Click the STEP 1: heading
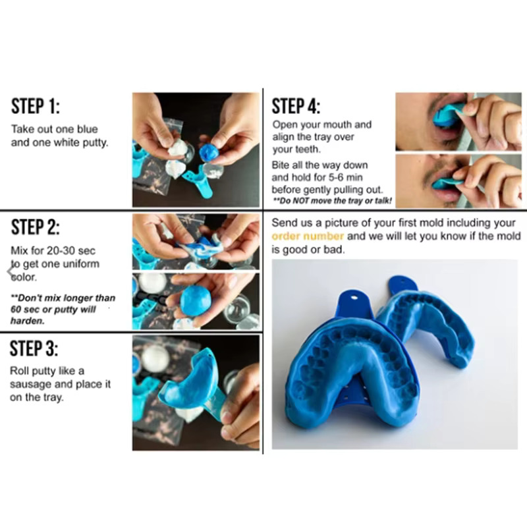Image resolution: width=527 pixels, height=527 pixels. pyautogui.click(x=36, y=106)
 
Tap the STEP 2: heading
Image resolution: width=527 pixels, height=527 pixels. pyautogui.click(x=36, y=227)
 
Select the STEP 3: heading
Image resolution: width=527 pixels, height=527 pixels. pyautogui.click(x=34, y=348)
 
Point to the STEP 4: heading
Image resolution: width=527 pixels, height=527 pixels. pyautogui.click(x=296, y=106)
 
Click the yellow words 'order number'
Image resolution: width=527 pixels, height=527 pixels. pyautogui.click(x=308, y=236)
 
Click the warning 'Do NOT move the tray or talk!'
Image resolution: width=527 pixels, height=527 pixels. pyautogui.click(x=333, y=201)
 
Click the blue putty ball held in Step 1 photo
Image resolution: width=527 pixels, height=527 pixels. pyautogui.click(x=209, y=153)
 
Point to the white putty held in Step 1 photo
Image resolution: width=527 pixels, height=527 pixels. pyautogui.click(x=177, y=148)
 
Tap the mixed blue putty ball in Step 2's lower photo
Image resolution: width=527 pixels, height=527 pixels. pyautogui.click(x=196, y=300)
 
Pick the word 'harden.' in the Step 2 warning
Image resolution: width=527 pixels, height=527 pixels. pyautogui.click(x=28, y=321)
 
